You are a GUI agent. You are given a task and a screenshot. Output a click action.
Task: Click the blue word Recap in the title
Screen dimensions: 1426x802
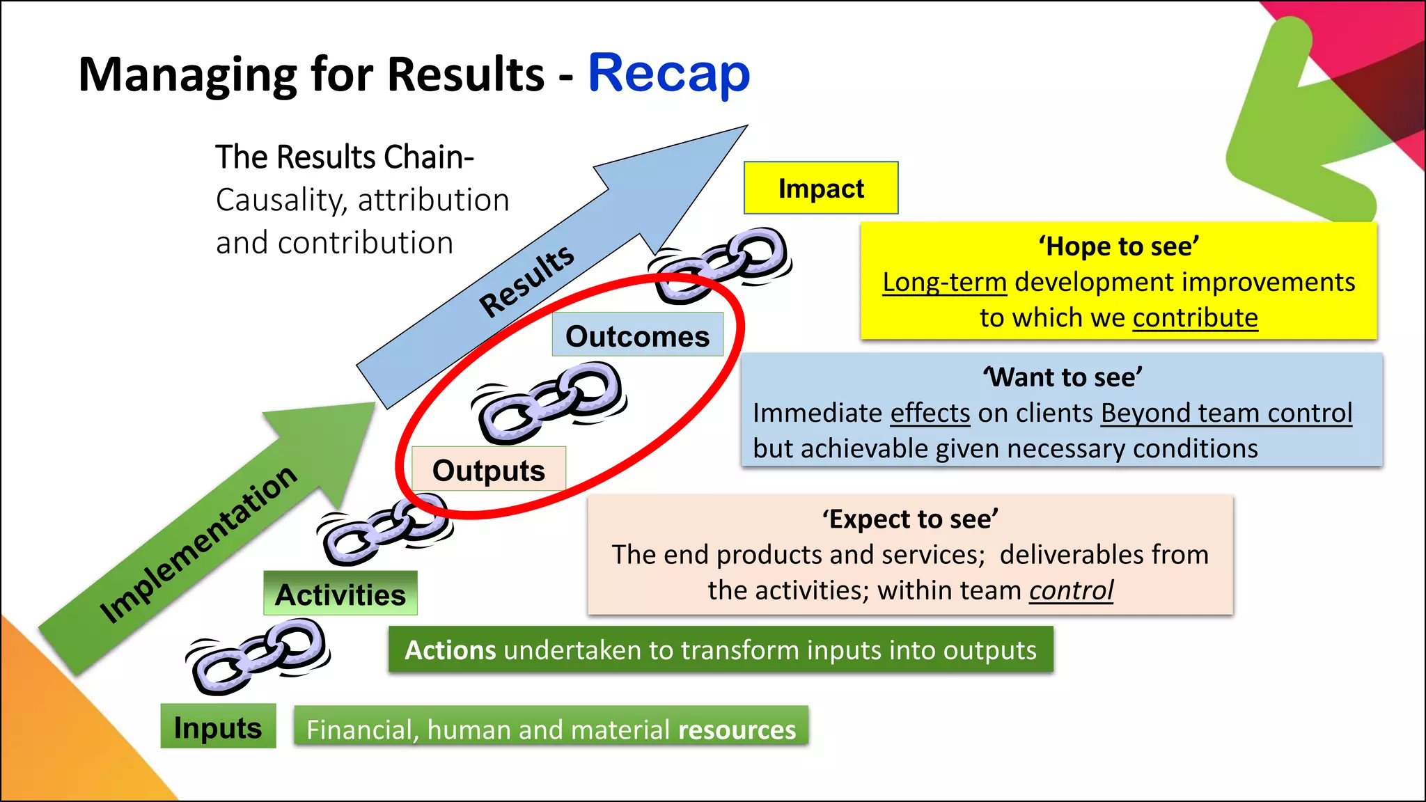click(x=668, y=74)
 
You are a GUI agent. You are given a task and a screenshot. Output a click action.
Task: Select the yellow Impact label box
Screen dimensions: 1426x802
click(x=821, y=188)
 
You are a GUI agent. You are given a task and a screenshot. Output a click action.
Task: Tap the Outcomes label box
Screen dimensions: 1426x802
click(x=637, y=336)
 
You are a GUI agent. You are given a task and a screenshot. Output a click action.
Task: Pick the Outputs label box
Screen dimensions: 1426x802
click(x=488, y=470)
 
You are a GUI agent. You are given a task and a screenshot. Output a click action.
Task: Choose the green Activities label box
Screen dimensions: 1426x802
click(x=340, y=594)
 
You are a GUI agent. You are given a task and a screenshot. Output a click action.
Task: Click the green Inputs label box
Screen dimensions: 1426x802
click(x=218, y=727)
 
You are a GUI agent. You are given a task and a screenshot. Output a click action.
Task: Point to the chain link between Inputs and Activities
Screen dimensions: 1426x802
click(x=258, y=656)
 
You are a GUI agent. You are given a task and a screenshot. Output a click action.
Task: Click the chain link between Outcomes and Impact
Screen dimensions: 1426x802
click(x=721, y=265)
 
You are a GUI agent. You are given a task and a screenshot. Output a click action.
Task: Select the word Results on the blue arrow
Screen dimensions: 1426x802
click(x=527, y=280)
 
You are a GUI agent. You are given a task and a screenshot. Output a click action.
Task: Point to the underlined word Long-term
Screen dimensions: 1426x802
click(x=944, y=282)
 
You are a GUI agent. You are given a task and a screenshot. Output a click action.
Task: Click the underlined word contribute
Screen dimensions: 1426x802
click(x=1195, y=317)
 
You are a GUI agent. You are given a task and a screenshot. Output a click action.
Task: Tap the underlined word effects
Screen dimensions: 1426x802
click(x=930, y=413)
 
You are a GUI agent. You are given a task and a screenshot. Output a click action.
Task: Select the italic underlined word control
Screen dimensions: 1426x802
click(x=1071, y=590)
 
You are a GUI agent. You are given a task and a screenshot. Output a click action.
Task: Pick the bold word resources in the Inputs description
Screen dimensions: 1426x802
click(x=737, y=729)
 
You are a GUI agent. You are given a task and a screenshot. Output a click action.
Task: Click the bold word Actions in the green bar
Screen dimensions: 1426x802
click(x=450, y=650)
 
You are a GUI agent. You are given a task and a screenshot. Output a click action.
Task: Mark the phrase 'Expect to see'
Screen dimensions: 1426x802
click(x=910, y=519)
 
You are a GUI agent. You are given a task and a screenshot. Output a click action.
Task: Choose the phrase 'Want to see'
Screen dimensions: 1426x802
click(x=1062, y=377)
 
